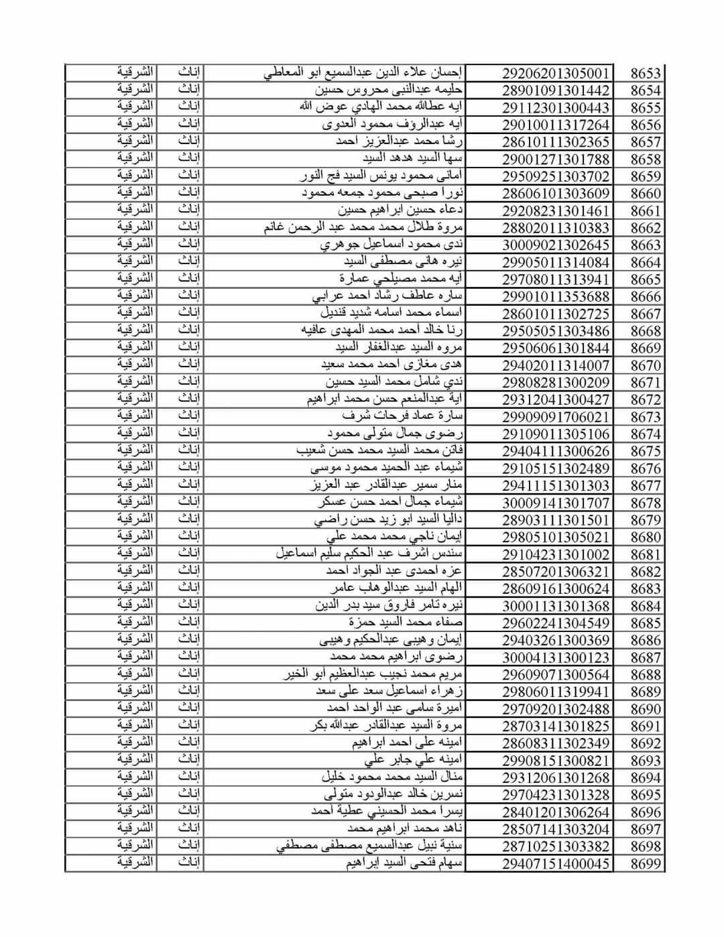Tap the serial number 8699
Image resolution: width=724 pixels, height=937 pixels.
click(x=645, y=864)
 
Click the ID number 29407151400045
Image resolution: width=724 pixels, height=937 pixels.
click(x=556, y=864)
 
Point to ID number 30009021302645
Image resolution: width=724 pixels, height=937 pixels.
click(x=556, y=245)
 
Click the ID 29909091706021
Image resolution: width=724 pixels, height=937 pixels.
click(x=556, y=417)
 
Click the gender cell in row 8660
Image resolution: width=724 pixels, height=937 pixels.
click(x=190, y=193)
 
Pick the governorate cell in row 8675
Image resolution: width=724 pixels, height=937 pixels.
click(x=135, y=450)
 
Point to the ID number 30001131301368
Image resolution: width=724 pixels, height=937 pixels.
click(x=556, y=606)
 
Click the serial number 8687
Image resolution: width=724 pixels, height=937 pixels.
click(x=645, y=658)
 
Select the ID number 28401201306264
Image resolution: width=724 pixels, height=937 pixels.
click(x=556, y=812)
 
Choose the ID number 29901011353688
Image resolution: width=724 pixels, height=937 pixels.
click(x=556, y=297)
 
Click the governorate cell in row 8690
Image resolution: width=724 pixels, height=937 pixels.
click(x=135, y=708)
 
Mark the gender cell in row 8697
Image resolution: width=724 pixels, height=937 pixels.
click(x=190, y=829)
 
